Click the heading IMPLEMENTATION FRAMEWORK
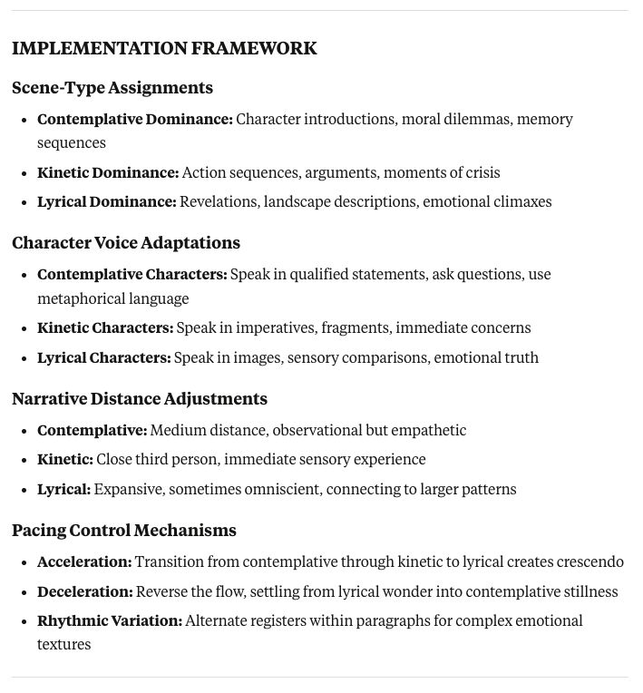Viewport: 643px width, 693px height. pyautogui.click(x=164, y=49)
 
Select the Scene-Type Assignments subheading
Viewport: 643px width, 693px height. pyautogui.click(x=112, y=88)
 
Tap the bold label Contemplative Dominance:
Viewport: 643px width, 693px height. pyautogui.click(x=135, y=120)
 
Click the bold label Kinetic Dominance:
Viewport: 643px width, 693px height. pyautogui.click(x=108, y=172)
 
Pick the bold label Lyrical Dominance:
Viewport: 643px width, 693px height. pyautogui.click(x=107, y=201)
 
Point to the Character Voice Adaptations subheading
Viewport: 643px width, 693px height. pyautogui.click(x=126, y=243)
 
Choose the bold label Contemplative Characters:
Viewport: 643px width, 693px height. pyautogui.click(x=132, y=274)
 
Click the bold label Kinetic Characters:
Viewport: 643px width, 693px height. pyautogui.click(x=105, y=327)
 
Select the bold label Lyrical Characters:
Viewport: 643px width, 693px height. pyautogui.click(x=104, y=357)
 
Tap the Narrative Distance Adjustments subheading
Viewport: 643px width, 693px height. pyautogui.click(x=140, y=399)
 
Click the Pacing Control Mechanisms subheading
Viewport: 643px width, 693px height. pyautogui.click(x=124, y=531)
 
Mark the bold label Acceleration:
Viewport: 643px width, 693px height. pyautogui.click(x=84, y=562)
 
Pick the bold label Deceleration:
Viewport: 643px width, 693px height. pyautogui.click(x=85, y=591)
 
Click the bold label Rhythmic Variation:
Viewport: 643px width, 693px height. pyautogui.click(x=110, y=620)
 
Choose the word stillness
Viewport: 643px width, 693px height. pyautogui.click(x=589, y=591)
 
